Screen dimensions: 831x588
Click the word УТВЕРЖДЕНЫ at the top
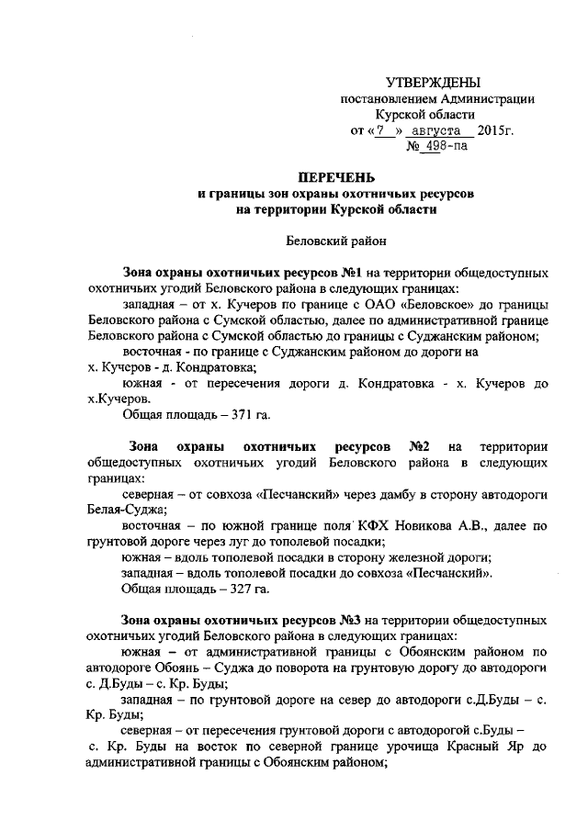tap(432, 84)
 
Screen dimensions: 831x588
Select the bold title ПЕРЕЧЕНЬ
tap(329, 176)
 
